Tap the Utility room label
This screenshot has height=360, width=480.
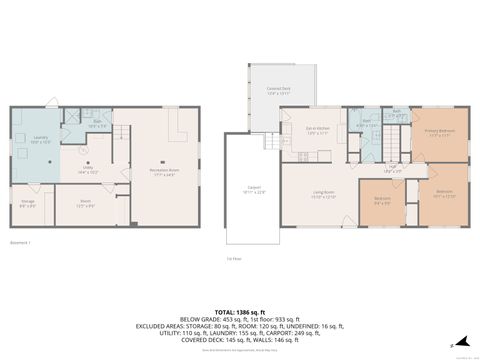pyautogui.click(x=87, y=171)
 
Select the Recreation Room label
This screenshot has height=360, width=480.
pyautogui.click(x=162, y=172)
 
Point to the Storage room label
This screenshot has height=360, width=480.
pyautogui.click(x=28, y=204)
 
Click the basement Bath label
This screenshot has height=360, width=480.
pyautogui.click(x=97, y=125)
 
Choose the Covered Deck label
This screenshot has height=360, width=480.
pyautogui.click(x=278, y=92)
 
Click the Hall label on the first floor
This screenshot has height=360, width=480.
pyautogui.click(x=393, y=169)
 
